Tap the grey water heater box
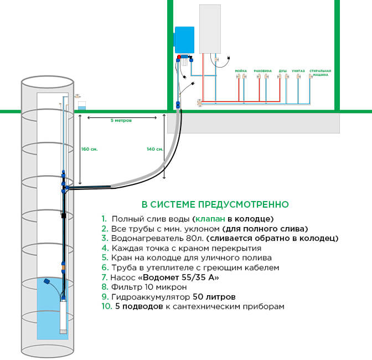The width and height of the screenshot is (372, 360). [211, 29]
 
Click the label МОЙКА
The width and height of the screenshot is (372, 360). [241, 71]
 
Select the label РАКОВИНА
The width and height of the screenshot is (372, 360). [262, 71]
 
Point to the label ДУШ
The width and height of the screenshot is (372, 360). [282, 71]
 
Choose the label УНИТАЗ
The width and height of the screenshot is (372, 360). [298, 71]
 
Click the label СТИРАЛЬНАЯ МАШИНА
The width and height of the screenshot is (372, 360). [320, 73]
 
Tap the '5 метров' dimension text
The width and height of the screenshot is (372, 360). [121, 120]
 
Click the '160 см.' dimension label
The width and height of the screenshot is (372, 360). [89, 149]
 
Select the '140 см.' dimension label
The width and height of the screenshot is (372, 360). [155, 149]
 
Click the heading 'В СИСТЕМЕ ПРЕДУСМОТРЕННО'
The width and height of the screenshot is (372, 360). [215, 204]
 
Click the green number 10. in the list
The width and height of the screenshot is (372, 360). [107, 306]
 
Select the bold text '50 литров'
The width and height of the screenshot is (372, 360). [216, 296]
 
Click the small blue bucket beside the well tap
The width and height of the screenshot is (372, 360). [82, 105]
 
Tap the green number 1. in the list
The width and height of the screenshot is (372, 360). [104, 218]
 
